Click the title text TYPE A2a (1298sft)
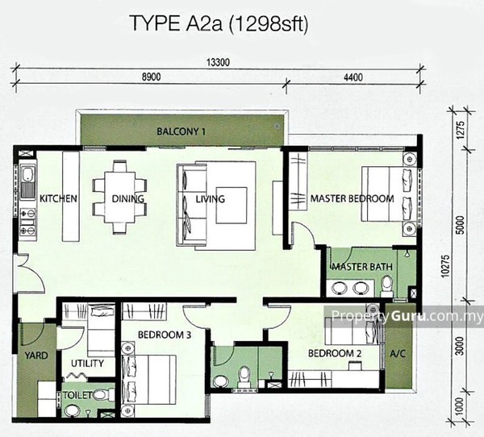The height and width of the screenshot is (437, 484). pyautogui.click(x=219, y=23)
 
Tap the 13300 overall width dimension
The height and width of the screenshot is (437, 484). pyautogui.click(x=218, y=63)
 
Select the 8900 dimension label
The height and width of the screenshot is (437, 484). pyautogui.click(x=152, y=77)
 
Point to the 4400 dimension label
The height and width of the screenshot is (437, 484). pyautogui.click(x=353, y=77)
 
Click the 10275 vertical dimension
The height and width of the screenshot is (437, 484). pyautogui.click(x=444, y=265)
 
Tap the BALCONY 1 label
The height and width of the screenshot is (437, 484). pyautogui.click(x=181, y=131)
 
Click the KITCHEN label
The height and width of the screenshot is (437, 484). pyautogui.click(x=58, y=198)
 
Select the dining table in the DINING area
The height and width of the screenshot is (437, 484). pyautogui.click(x=119, y=197)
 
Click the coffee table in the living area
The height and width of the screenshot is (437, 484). pyautogui.click(x=232, y=206)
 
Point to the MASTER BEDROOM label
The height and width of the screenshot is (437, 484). pyautogui.click(x=353, y=198)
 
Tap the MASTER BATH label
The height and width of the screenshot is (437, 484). pyautogui.click(x=362, y=267)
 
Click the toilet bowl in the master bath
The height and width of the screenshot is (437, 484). pyautogui.click(x=386, y=285)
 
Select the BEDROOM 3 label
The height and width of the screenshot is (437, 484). pyautogui.click(x=165, y=335)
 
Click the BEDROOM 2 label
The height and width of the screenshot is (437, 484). pyautogui.click(x=335, y=353)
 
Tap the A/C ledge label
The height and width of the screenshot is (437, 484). pyautogui.click(x=398, y=354)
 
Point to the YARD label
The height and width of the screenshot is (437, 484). pyautogui.click(x=36, y=356)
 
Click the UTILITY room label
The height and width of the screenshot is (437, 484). pyautogui.click(x=87, y=364)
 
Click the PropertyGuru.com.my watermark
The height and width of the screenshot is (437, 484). pyautogui.click(x=407, y=316)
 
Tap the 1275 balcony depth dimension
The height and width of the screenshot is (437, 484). pyautogui.click(x=460, y=130)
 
